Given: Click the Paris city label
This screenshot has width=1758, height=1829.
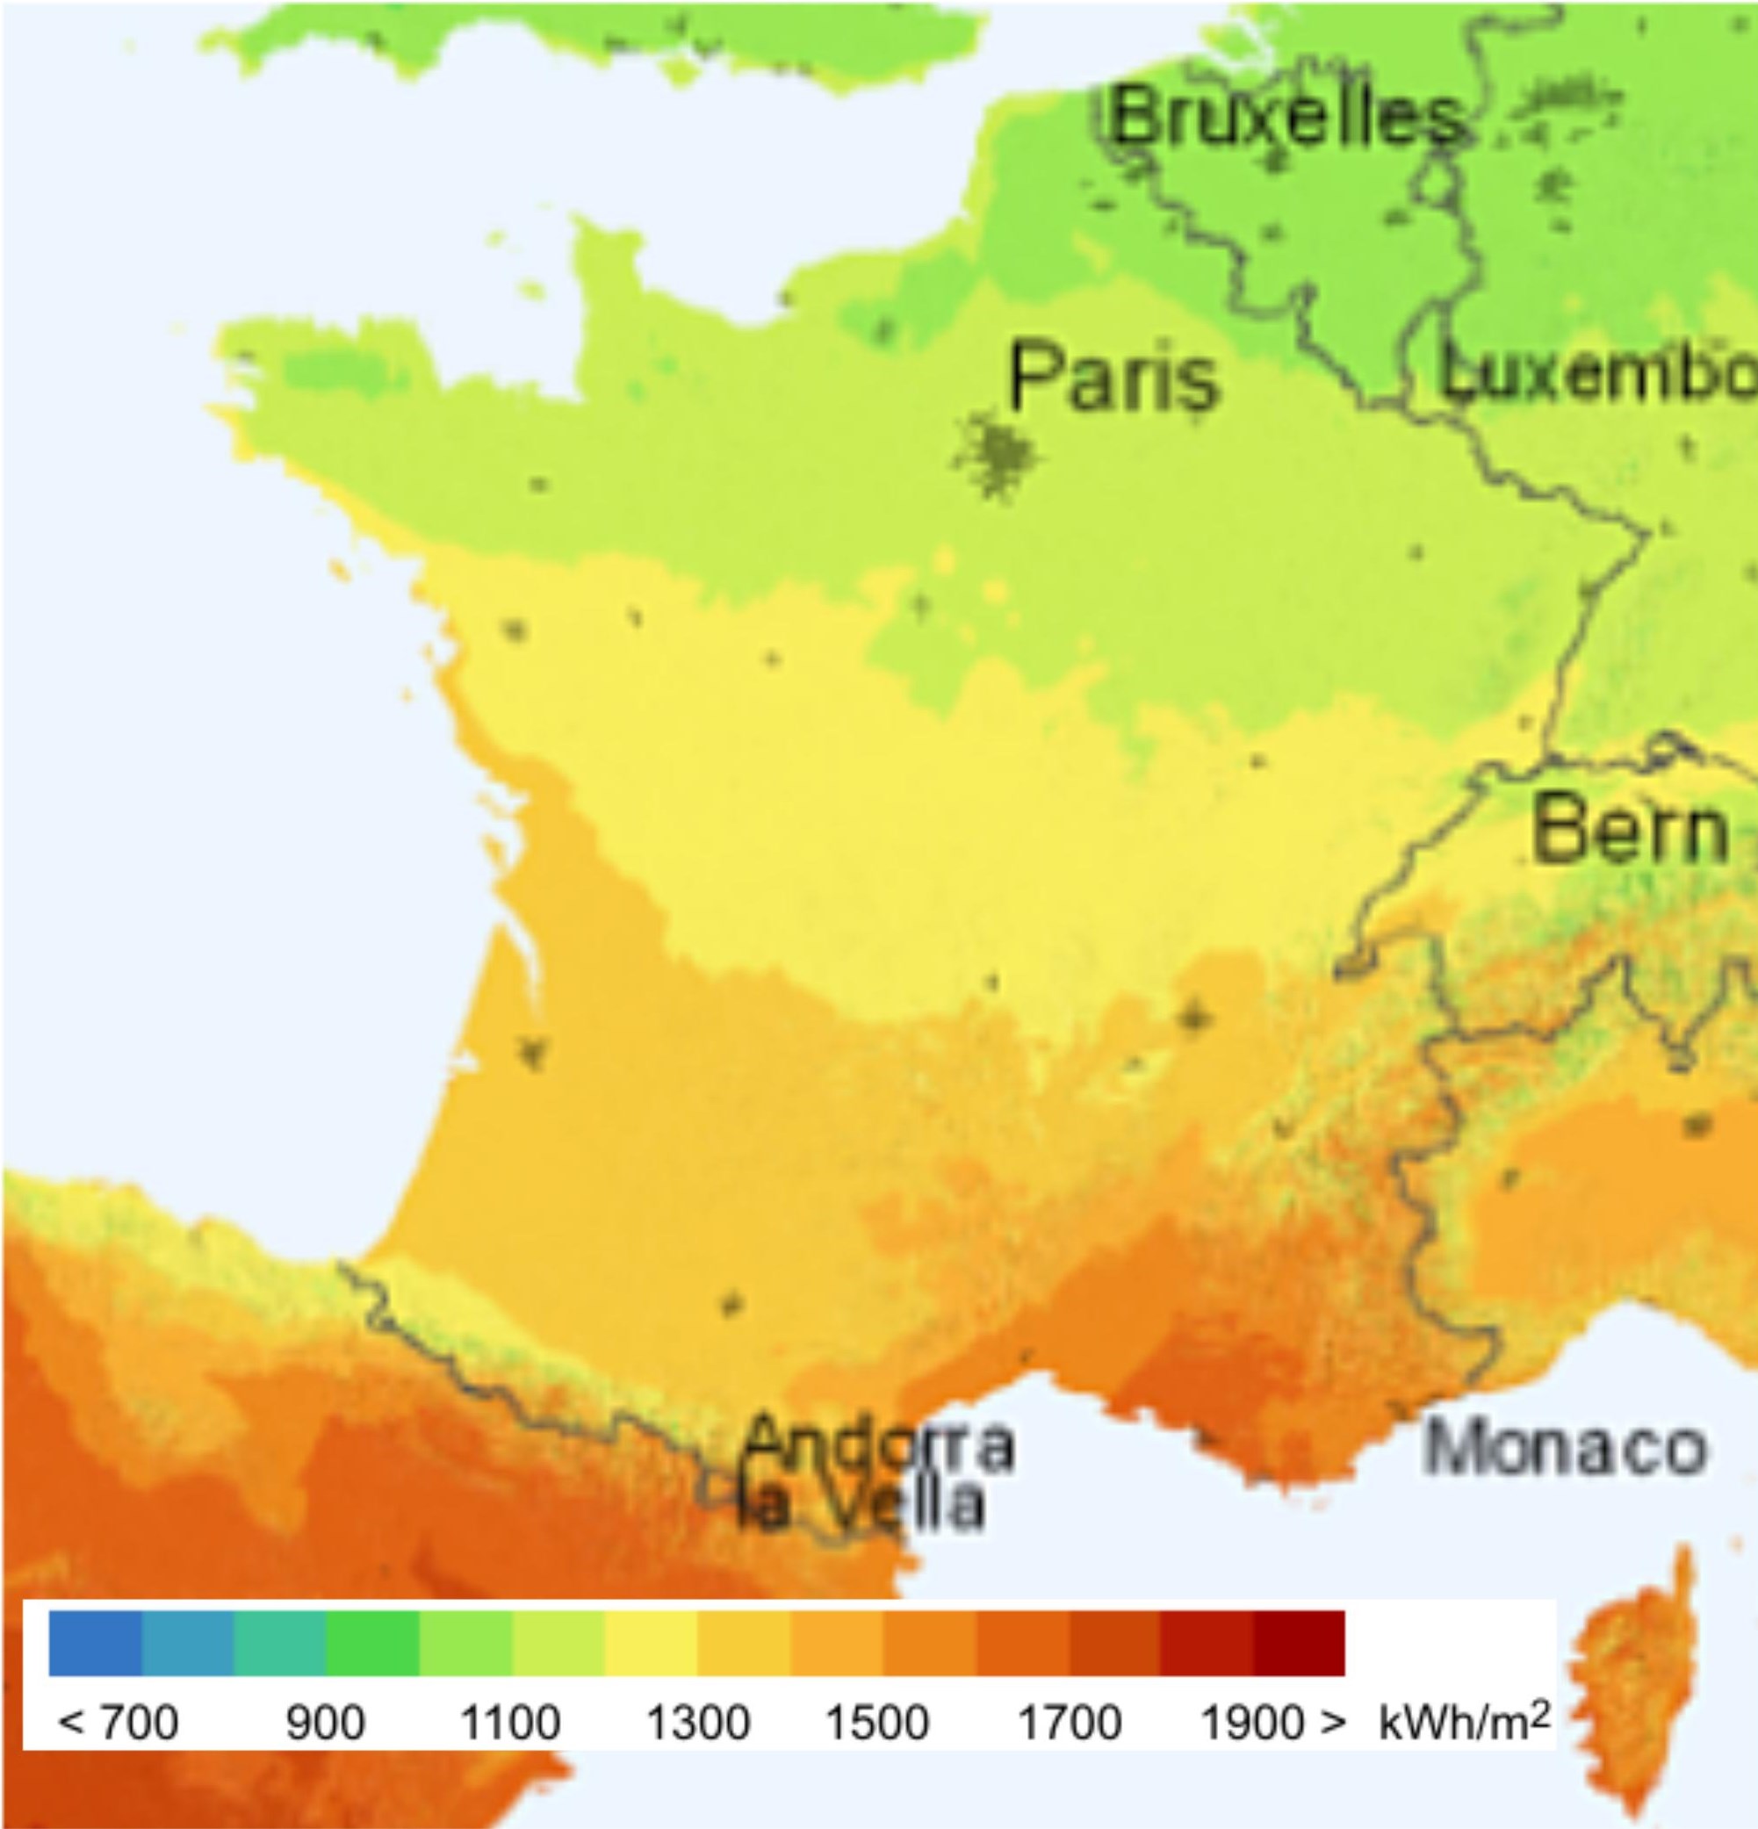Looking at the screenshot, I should pos(1114,377).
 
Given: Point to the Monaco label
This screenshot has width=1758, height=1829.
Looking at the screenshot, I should pos(1565,1449).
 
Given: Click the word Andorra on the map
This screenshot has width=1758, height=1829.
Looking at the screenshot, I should pos(878,1443).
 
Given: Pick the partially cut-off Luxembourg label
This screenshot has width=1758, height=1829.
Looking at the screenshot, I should pos(1596,374).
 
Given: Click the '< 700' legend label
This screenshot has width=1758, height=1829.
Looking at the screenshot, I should pos(118,1722).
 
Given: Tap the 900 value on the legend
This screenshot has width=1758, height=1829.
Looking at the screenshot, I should pos(325,1722).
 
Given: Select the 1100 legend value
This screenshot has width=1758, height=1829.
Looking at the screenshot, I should pos(510,1722).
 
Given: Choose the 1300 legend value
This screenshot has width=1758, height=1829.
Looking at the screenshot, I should pos(698,1722).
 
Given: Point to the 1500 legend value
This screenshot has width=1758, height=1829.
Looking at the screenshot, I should pos(878,1722).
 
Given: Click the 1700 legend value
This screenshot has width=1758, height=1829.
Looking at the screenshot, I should pos(1070,1722).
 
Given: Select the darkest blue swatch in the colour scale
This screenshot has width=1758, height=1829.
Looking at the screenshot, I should pos(95,1642).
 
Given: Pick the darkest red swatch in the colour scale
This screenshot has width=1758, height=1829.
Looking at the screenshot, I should pos(1298,1642).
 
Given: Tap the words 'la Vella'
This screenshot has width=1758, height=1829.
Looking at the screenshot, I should pos(861,1506).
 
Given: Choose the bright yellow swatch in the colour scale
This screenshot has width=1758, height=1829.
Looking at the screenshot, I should pos(652,1642).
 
